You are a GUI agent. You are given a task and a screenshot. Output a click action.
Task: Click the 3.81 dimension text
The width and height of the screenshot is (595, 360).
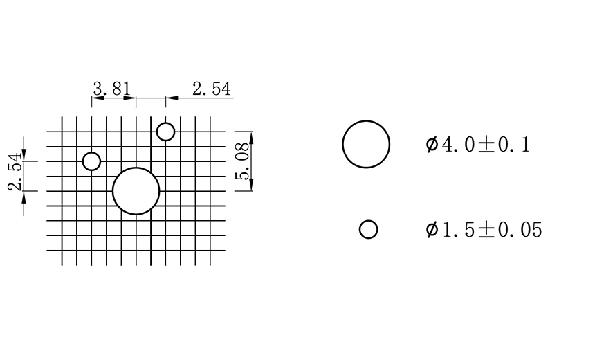111,89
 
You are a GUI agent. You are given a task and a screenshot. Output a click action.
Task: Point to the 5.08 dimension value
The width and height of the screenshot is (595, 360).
242,161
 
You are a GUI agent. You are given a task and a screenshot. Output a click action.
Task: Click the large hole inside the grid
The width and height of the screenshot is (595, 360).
136,191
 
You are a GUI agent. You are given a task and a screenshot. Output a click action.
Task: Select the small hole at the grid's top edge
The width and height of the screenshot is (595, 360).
165,132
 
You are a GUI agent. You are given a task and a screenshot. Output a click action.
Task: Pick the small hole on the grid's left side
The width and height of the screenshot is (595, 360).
91,161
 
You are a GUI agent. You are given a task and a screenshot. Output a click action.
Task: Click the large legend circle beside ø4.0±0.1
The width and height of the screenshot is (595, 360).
366,144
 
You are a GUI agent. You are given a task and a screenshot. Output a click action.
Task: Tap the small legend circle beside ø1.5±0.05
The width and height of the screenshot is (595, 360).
369,229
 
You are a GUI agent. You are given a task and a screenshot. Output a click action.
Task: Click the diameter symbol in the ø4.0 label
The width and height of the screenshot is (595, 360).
432,145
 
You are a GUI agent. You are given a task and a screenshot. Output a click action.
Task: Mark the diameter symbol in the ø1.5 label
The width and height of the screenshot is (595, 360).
432,230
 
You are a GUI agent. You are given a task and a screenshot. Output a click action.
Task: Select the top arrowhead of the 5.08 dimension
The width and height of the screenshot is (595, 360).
250,136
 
